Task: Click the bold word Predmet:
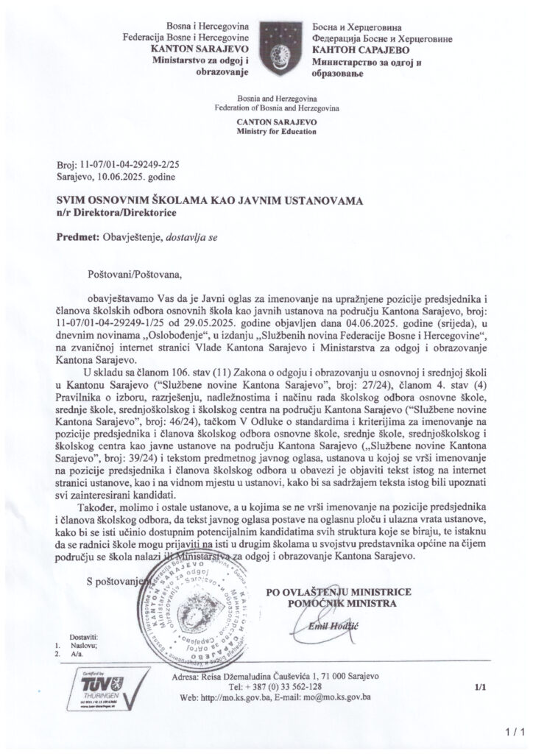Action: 77,237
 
